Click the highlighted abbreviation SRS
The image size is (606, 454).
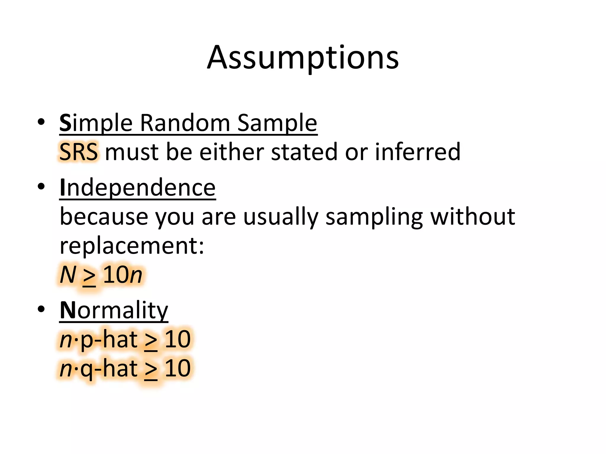(78, 152)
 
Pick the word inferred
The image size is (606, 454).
(418, 152)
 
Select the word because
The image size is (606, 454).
(104, 217)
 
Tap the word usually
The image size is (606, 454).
(281, 217)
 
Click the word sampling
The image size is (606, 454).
(374, 217)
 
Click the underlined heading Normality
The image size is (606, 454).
(114, 310)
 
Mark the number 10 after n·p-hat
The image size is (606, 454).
(178, 339)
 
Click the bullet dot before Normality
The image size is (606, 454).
(41, 309)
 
